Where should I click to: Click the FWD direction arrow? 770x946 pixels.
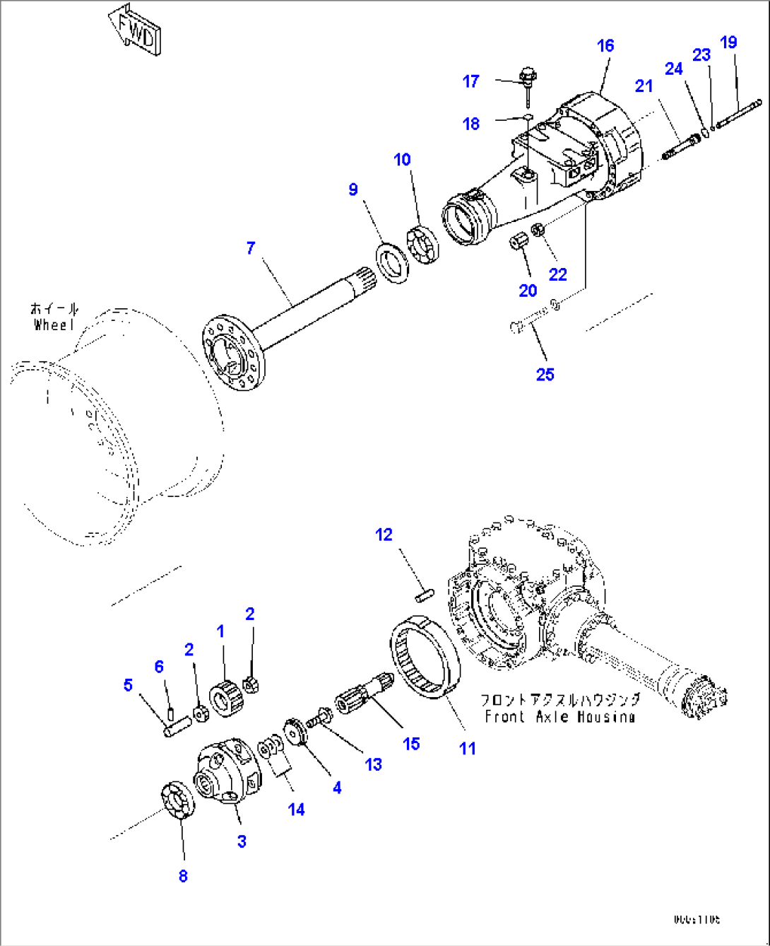(x=135, y=30)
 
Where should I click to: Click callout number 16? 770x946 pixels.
(x=605, y=46)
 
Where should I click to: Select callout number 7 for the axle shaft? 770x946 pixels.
(x=251, y=248)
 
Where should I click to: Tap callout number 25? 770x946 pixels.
(x=545, y=374)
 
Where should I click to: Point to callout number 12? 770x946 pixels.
(x=384, y=535)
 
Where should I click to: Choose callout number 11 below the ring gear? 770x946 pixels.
(x=468, y=749)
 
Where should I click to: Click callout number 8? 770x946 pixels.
(x=183, y=876)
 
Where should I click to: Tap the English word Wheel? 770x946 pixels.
(x=54, y=325)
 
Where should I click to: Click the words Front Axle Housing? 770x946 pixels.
(x=559, y=716)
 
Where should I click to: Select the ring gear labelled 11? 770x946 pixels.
(x=425, y=658)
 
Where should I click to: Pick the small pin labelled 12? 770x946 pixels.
(x=424, y=596)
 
